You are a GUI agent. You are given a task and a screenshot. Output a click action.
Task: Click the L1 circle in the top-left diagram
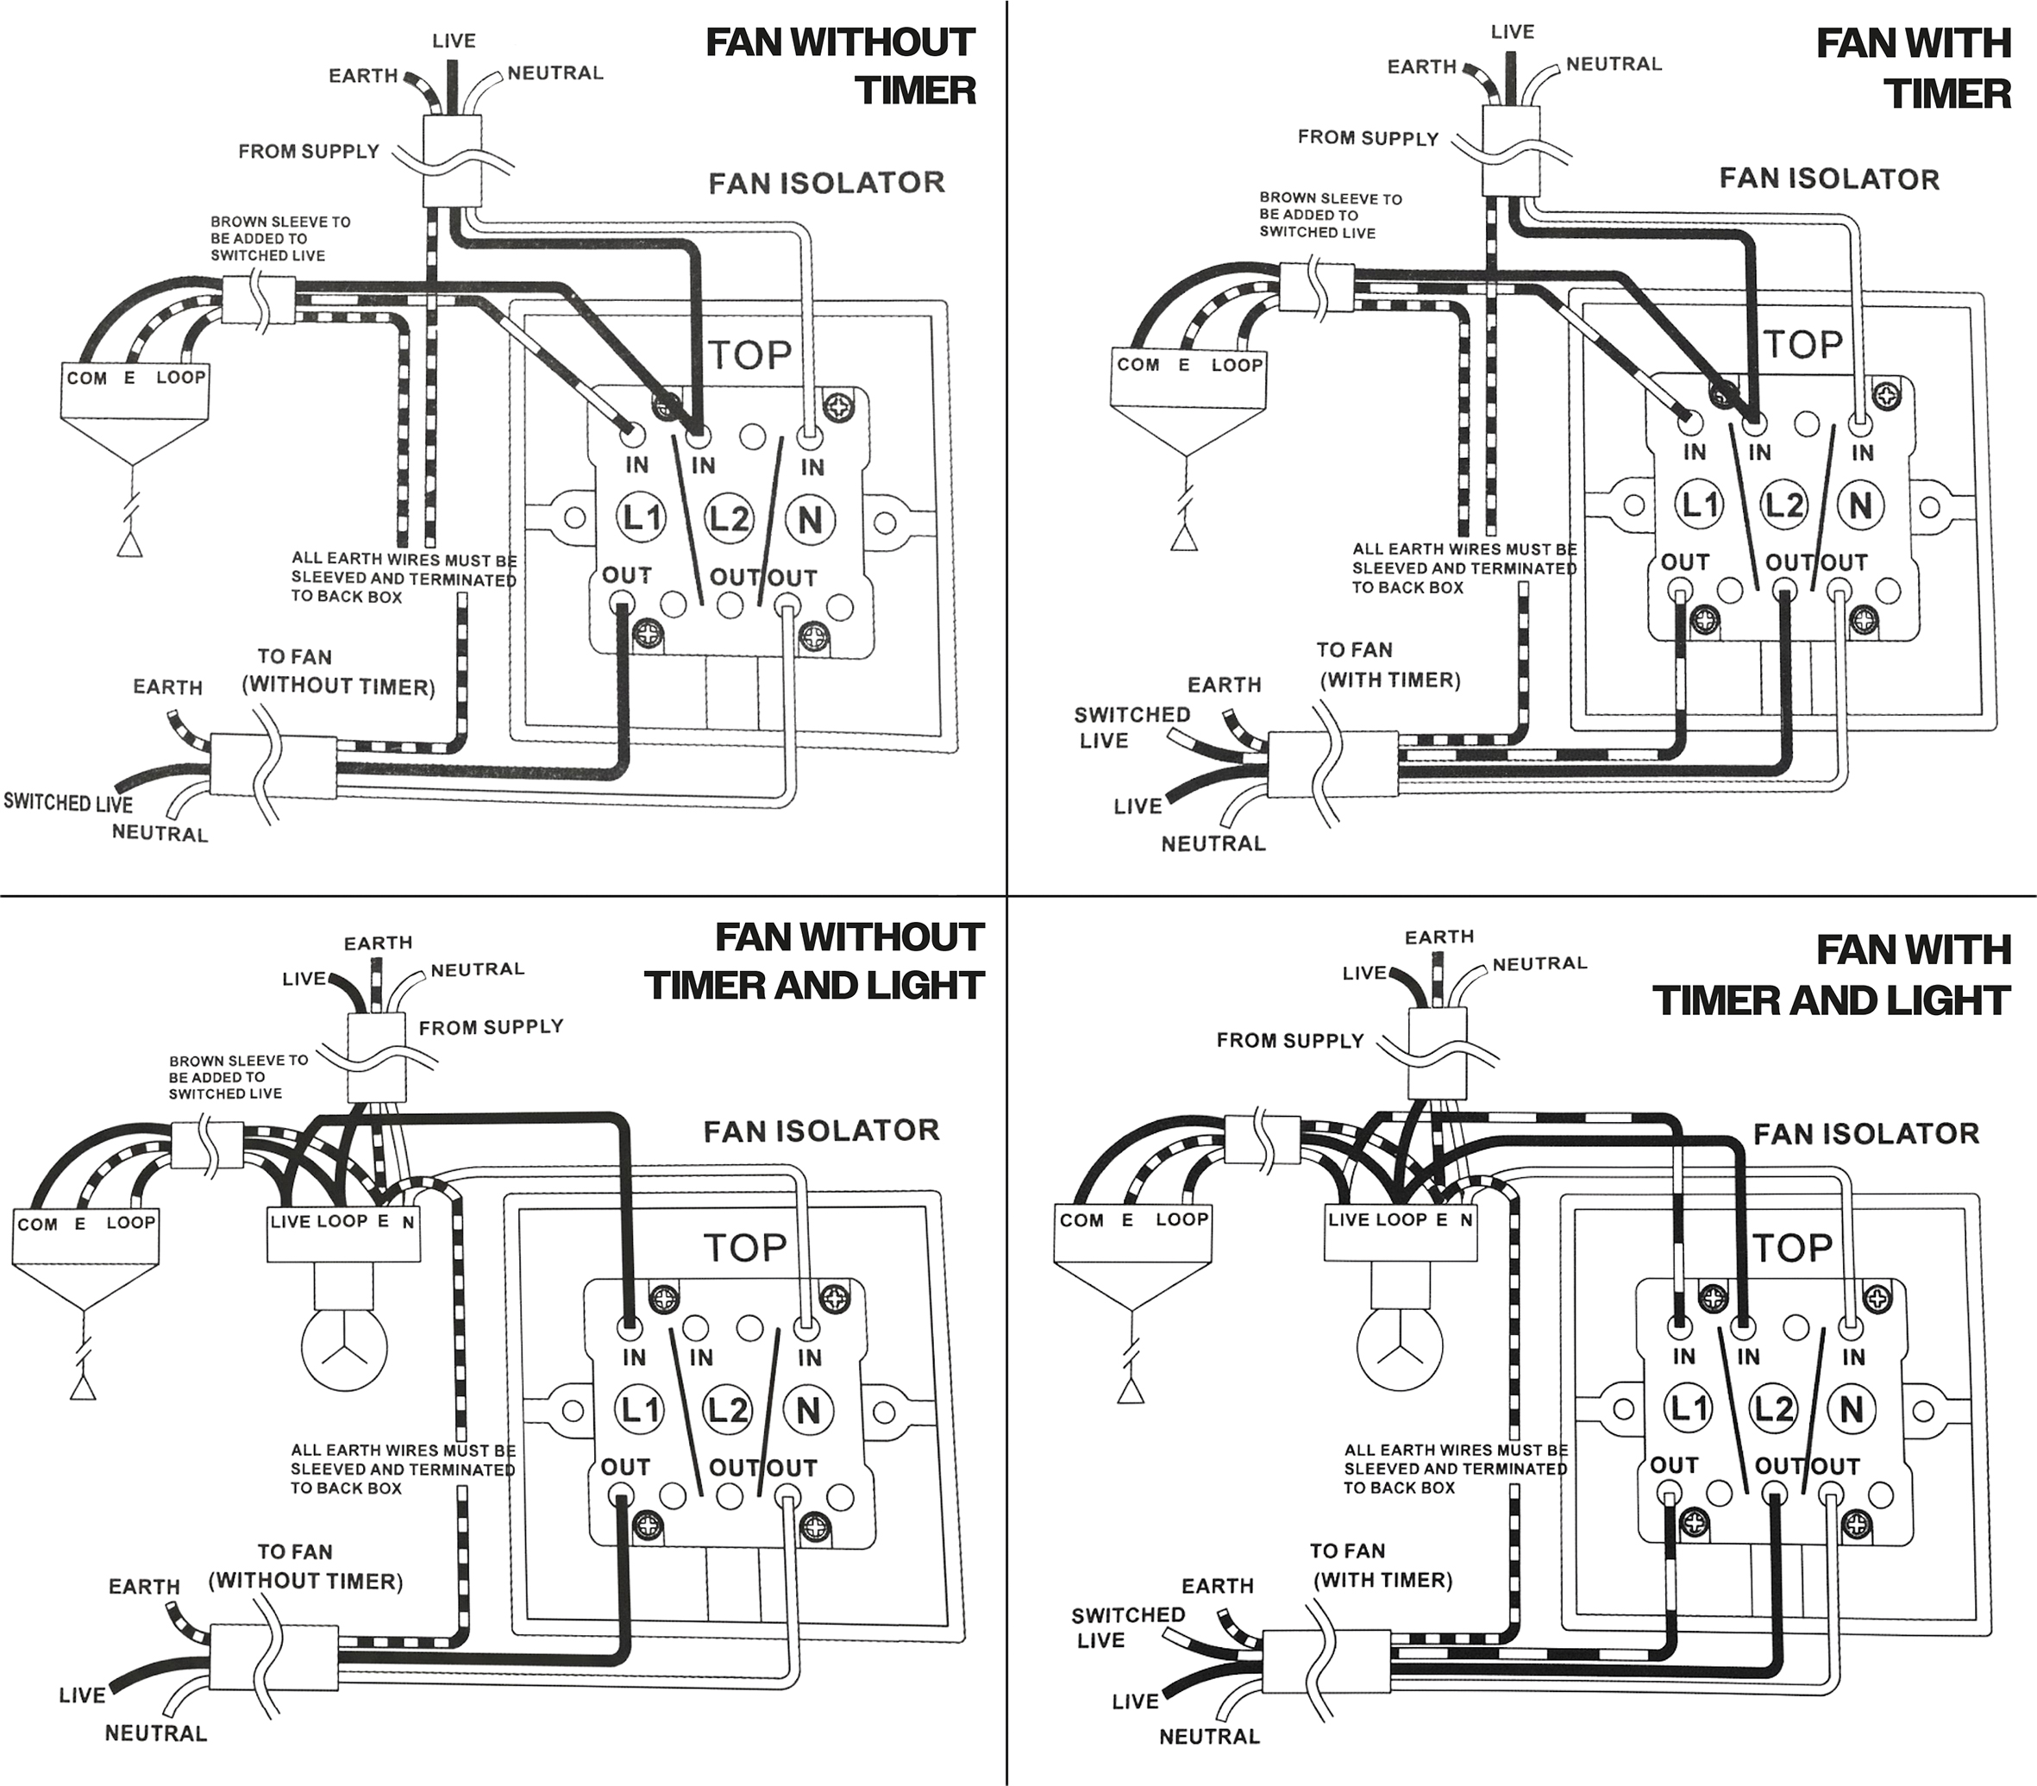(x=642, y=518)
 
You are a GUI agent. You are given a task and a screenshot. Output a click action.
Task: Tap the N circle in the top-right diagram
(x=1859, y=506)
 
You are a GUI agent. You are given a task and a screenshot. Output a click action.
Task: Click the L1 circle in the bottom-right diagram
(x=1689, y=1408)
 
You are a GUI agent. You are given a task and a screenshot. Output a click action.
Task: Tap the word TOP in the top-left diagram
(x=749, y=354)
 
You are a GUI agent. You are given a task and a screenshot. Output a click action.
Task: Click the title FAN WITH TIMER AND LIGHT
(x=1832, y=974)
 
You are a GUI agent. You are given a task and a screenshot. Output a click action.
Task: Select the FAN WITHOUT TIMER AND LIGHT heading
(x=815, y=961)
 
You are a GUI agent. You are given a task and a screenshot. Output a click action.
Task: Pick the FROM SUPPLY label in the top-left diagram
(x=309, y=152)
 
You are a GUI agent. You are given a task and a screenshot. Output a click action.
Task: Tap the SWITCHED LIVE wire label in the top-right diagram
(x=1131, y=728)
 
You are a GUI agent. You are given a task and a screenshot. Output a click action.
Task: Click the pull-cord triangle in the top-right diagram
(x=1184, y=538)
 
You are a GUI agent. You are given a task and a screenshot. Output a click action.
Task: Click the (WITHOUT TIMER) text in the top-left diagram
(x=339, y=686)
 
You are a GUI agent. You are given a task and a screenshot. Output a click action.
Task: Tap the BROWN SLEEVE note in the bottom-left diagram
(x=239, y=1076)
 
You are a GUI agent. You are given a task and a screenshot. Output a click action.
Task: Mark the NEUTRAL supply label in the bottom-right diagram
(x=1539, y=964)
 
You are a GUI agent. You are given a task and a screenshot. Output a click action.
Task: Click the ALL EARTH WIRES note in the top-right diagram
(x=1464, y=568)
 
